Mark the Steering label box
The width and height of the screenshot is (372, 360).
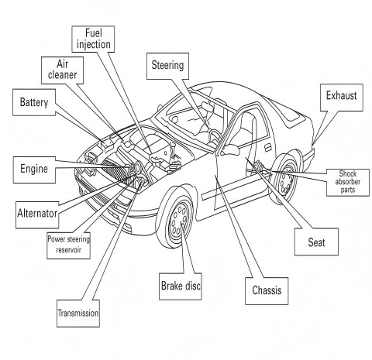tap(167, 67)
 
